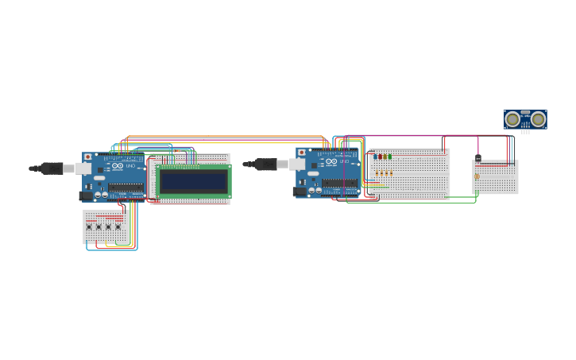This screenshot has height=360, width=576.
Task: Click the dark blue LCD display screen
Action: pyautogui.click(x=194, y=181)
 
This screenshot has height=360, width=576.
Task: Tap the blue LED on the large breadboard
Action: pyautogui.click(x=376, y=157)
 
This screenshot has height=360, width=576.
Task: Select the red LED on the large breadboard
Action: pyautogui.click(x=381, y=157)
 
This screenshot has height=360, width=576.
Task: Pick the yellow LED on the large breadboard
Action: pyautogui.click(x=385, y=157)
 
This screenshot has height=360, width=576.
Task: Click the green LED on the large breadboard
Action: pyautogui.click(x=390, y=157)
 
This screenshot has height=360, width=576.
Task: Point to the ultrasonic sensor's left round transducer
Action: pyautogui.click(x=513, y=119)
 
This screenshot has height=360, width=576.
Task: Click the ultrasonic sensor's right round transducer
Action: pyautogui.click(x=538, y=119)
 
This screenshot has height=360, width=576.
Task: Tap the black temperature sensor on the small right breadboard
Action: pyautogui.click(x=478, y=157)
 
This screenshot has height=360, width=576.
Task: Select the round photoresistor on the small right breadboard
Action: pyautogui.click(x=477, y=176)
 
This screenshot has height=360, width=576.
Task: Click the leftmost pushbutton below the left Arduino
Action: pyautogui.click(x=89, y=227)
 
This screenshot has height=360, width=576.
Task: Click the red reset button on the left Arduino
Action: pyautogui.click(x=87, y=157)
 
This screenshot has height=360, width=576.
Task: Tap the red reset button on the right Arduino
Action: pyautogui.click(x=300, y=151)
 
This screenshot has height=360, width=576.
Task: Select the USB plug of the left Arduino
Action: pyautogui.click(x=55, y=168)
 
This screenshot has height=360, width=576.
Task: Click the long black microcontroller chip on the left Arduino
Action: pyautogui.click(x=126, y=188)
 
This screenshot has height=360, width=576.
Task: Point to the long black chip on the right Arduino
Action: pyautogui.click(x=339, y=183)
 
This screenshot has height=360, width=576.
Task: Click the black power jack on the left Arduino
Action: pyautogui.click(x=86, y=195)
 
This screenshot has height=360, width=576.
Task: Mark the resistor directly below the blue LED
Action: pyautogui.click(x=377, y=172)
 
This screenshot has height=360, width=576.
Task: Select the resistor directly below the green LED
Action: pyautogui.click(x=391, y=172)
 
